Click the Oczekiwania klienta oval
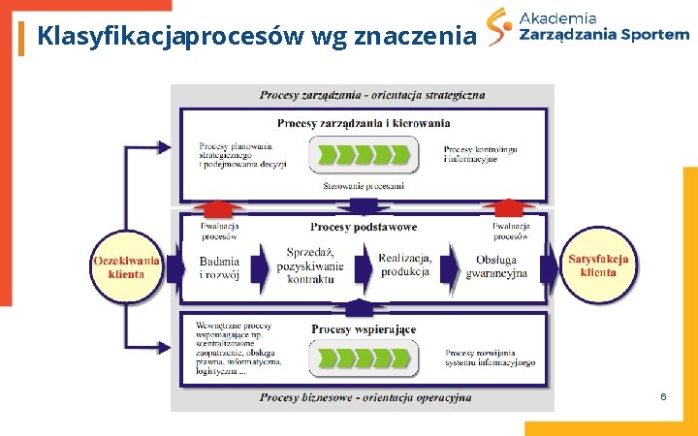tap(126, 266)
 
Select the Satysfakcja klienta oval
tap(598, 265)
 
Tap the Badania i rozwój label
tap(219, 267)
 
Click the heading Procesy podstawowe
tap(364, 227)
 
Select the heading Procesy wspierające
tap(364, 329)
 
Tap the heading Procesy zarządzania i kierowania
tap(364, 123)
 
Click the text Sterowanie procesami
tap(364, 185)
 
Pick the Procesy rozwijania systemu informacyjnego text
tap(490, 358)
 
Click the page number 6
tap(662, 397)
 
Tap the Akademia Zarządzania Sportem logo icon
tap(498, 27)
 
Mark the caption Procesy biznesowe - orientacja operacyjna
tap(365, 397)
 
